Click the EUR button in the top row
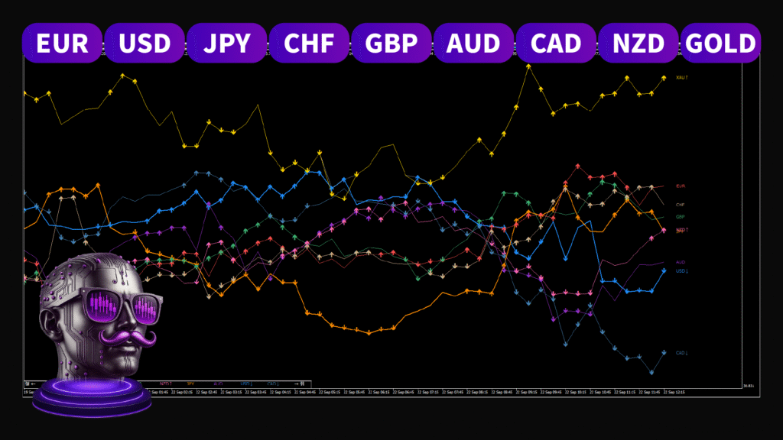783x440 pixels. click(63, 43)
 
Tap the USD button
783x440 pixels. click(145, 43)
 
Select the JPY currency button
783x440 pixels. click(227, 43)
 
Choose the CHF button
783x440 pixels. click(309, 43)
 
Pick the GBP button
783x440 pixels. click(391, 43)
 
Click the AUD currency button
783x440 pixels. click(474, 43)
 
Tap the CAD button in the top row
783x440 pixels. click(556, 43)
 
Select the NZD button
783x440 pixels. click(638, 43)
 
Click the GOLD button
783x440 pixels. click(720, 43)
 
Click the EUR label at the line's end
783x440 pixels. click(681, 186)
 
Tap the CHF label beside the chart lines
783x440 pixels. click(680, 205)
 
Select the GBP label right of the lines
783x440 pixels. click(680, 217)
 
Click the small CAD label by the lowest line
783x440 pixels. click(681, 353)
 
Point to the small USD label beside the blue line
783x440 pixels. click(681, 271)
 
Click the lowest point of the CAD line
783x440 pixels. click(652, 373)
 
